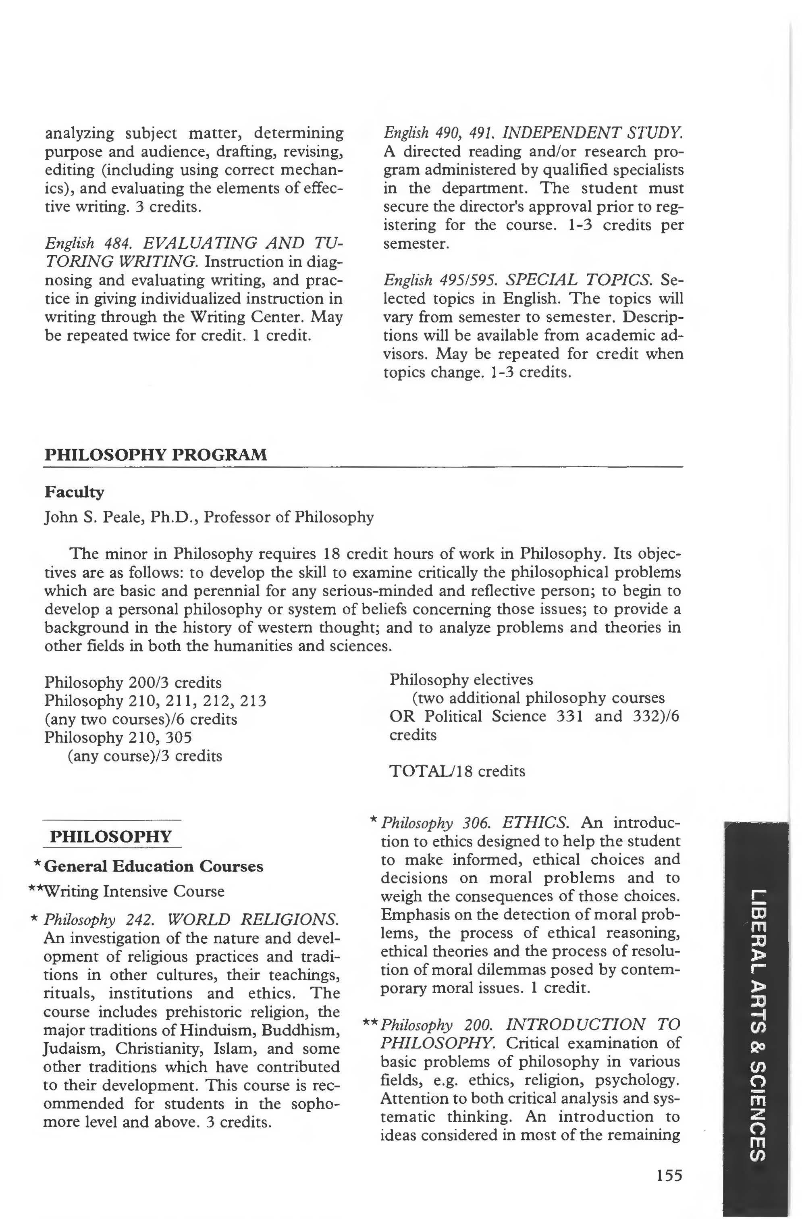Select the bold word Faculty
74,492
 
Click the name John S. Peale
91,517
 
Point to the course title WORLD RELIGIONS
253,919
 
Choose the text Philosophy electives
461,680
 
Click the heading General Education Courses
154,866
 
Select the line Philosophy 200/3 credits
133,683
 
